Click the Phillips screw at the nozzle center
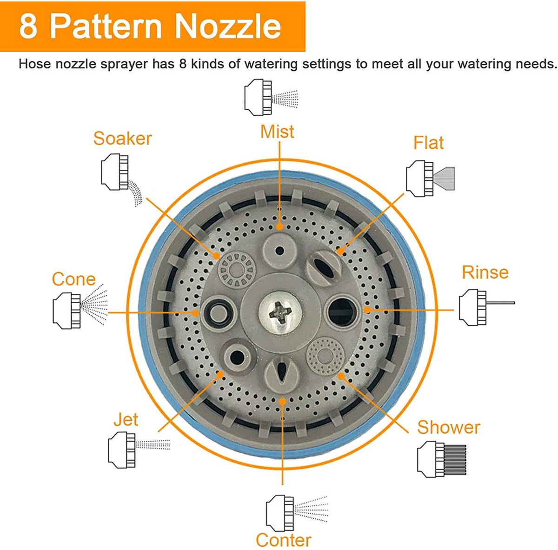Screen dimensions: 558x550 pos(280,313)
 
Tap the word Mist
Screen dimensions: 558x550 pos(277,132)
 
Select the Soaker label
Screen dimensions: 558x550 pos(122,139)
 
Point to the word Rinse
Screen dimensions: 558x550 pos(485,272)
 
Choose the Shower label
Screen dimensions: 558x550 pos(449,427)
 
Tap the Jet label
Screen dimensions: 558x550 pos(126,419)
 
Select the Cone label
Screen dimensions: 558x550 pos(73,279)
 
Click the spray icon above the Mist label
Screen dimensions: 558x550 pos(271,97)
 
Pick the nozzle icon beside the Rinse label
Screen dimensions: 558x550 pos(487,308)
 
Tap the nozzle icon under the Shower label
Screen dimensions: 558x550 pos(442,459)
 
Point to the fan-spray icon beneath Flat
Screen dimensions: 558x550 pos(430,179)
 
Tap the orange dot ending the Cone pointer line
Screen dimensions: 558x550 pos(195,313)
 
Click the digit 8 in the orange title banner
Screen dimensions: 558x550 pos(28,27)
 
